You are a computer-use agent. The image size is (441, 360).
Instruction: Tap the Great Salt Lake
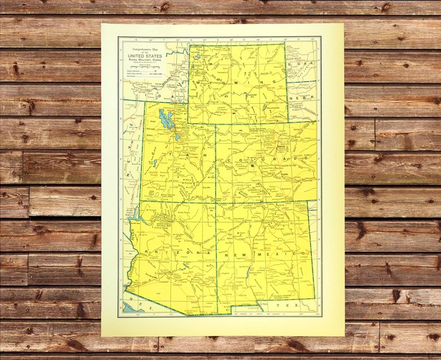(x=166, y=118)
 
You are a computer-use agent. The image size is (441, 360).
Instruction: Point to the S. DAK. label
(x=300, y=64)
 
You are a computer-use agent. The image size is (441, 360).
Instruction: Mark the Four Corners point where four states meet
(x=216, y=201)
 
